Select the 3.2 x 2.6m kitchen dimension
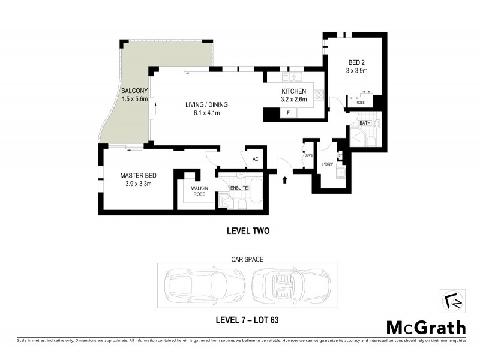pyautogui.click(x=294, y=100)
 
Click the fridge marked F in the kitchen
pyautogui.click(x=289, y=113)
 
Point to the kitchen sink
pyautogui.click(x=295, y=77)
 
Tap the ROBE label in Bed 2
pyautogui.click(x=361, y=103)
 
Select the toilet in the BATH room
pyautogui.click(x=370, y=142)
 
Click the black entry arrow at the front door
pyautogui.click(x=284, y=178)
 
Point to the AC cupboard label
pyautogui.click(x=255, y=159)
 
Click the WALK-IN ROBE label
pyautogui.click(x=199, y=191)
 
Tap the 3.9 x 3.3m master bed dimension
pyautogui.click(x=138, y=184)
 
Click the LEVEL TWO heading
pyautogui.click(x=246, y=230)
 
